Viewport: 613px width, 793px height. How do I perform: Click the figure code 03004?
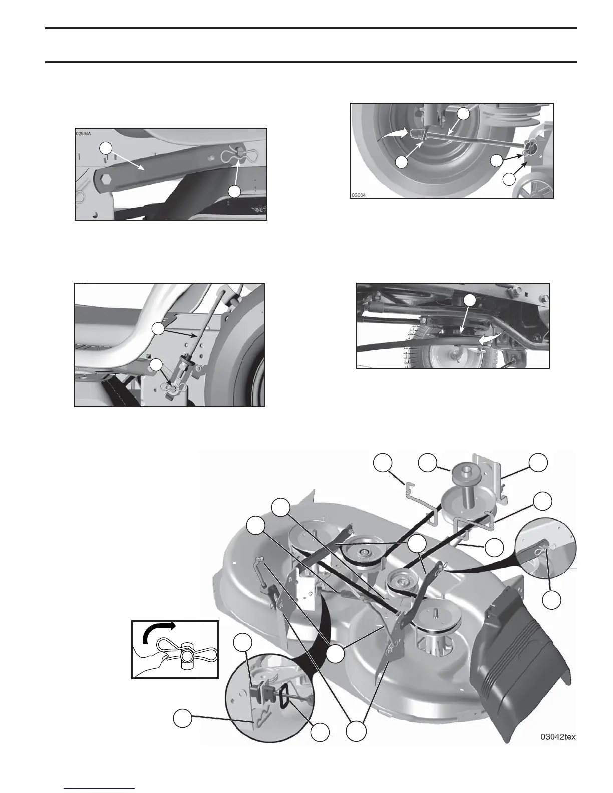(x=360, y=195)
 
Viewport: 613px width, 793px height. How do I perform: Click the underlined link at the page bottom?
(x=100, y=790)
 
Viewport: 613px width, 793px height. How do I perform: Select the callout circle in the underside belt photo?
(x=469, y=300)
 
